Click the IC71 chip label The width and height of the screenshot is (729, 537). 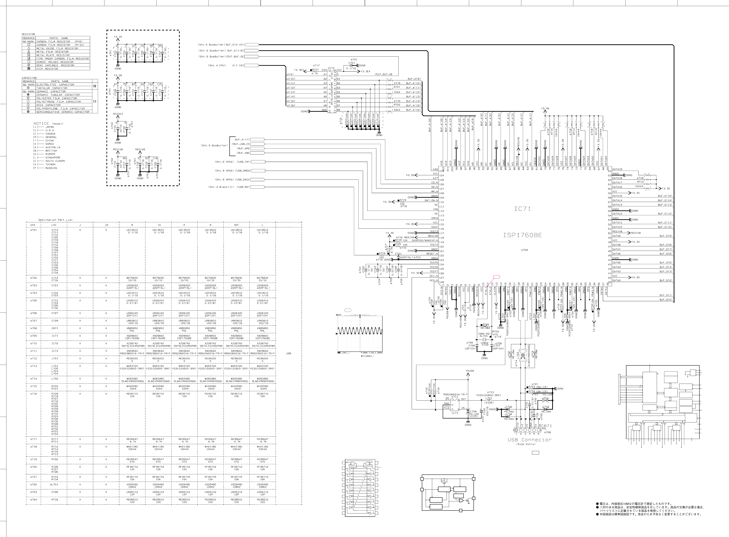[522, 209]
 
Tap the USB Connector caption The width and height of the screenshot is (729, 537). [530, 440]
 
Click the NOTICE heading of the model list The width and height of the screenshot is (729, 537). [41, 124]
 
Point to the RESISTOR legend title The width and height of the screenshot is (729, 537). [28, 34]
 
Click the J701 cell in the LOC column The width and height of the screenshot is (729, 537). [55, 359]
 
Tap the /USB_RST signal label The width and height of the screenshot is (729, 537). [243, 187]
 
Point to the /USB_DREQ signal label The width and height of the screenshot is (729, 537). [243, 171]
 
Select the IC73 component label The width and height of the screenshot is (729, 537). [455, 413]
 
